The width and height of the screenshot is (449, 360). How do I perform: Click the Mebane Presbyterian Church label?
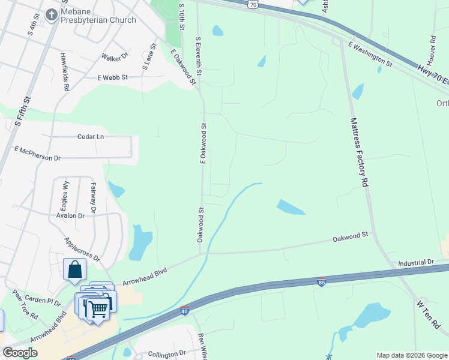coord(98,20)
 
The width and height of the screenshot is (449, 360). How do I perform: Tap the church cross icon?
coord(52,13)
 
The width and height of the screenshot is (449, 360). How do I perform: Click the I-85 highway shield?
coord(322,282)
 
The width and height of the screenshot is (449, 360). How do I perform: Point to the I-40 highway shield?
coord(184,311)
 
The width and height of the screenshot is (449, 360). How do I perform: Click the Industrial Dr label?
coord(415,263)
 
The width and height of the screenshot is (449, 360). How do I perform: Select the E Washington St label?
coord(369,53)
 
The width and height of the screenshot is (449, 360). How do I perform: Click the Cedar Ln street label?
coord(91,137)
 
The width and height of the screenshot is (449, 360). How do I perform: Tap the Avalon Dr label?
coord(70,215)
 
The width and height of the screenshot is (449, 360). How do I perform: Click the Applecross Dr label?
coord(83,248)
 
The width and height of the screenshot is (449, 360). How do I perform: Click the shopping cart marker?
coord(97,310)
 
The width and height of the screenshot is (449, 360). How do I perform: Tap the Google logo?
coord(20,353)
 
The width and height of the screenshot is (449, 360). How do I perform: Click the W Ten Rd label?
coord(429,315)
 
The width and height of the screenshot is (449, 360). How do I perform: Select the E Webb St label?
coord(113,77)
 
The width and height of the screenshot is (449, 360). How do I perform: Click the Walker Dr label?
coord(115,57)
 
